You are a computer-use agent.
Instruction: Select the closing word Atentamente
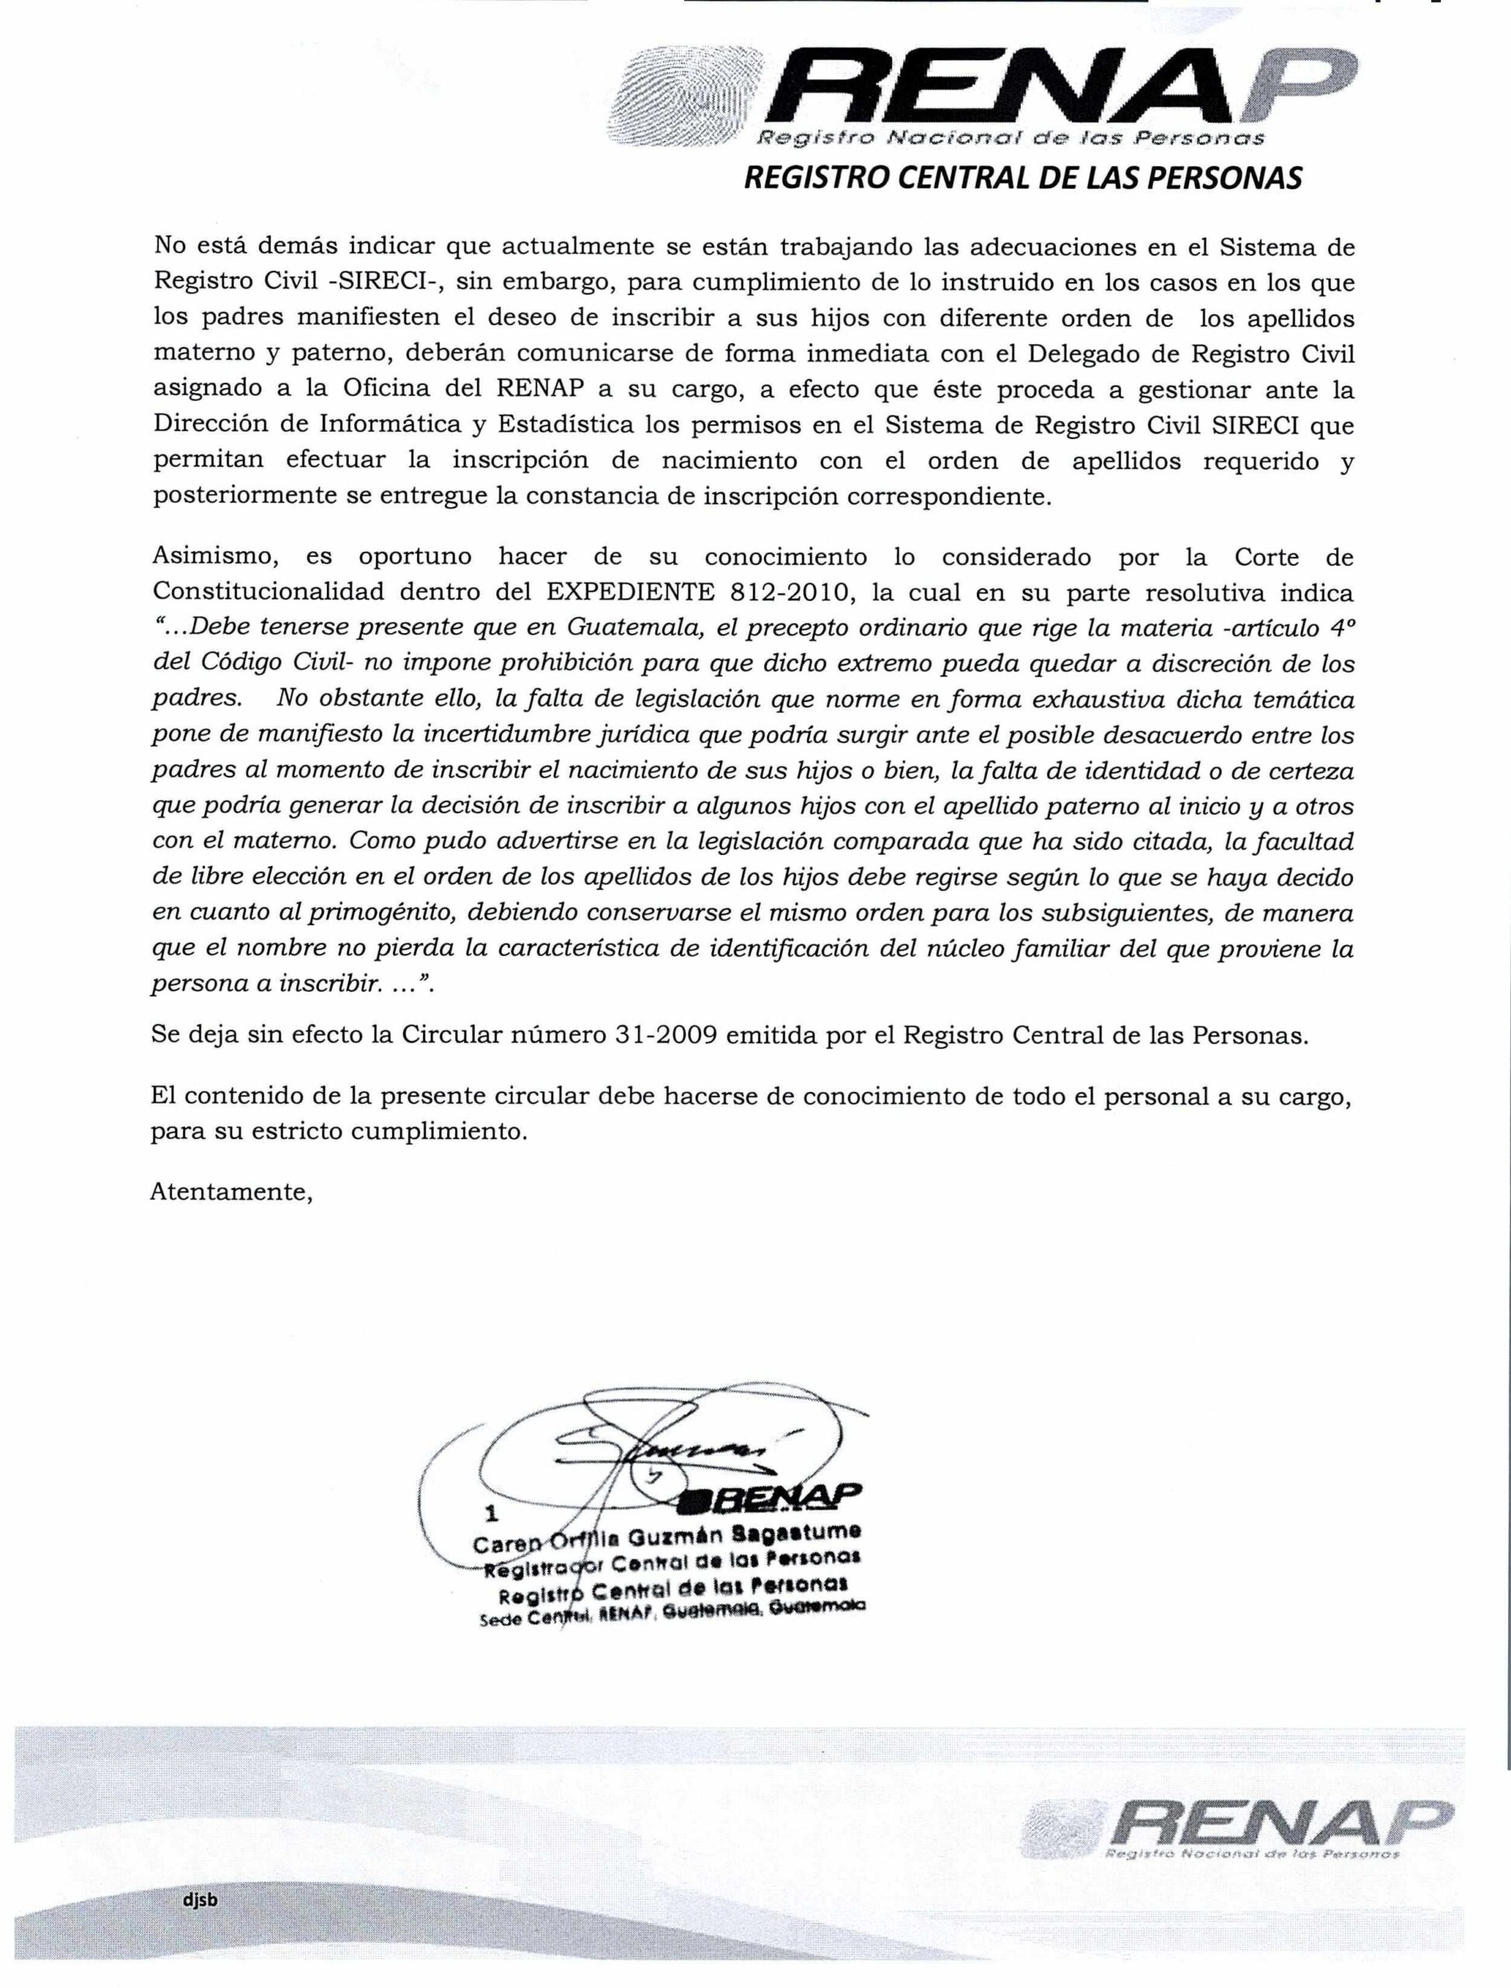click(x=231, y=1192)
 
